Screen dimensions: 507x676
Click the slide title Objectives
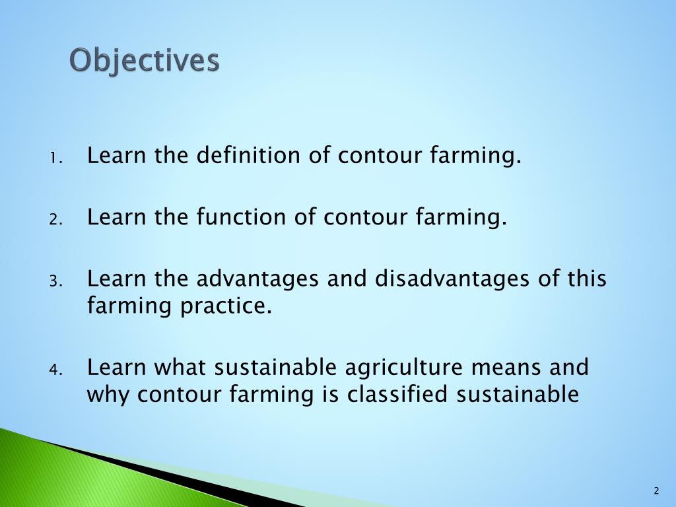(145, 61)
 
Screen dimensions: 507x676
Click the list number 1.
(55, 159)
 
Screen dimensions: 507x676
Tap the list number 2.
(55, 220)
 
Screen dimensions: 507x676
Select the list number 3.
(55, 282)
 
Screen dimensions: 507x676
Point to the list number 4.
(55, 370)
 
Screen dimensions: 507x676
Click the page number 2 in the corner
(656, 490)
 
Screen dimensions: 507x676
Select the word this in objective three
(586, 279)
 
